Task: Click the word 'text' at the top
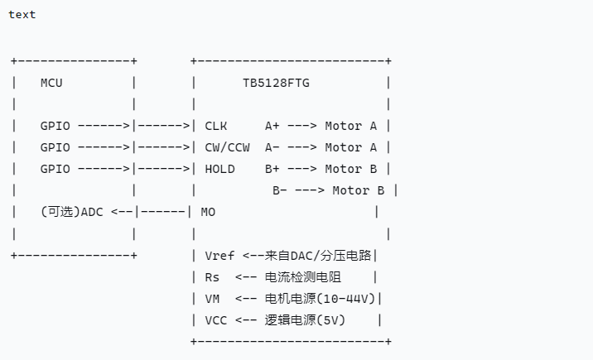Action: [22, 14]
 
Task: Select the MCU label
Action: [51, 83]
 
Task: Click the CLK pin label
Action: [216, 126]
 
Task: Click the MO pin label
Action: [208, 212]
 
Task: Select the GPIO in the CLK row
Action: [55, 126]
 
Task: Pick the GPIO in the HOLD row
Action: [55, 169]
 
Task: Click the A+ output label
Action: [272, 126]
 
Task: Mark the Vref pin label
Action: [219, 255]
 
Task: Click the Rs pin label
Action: [212, 276]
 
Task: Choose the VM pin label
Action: [212, 298]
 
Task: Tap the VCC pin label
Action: [215, 319]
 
